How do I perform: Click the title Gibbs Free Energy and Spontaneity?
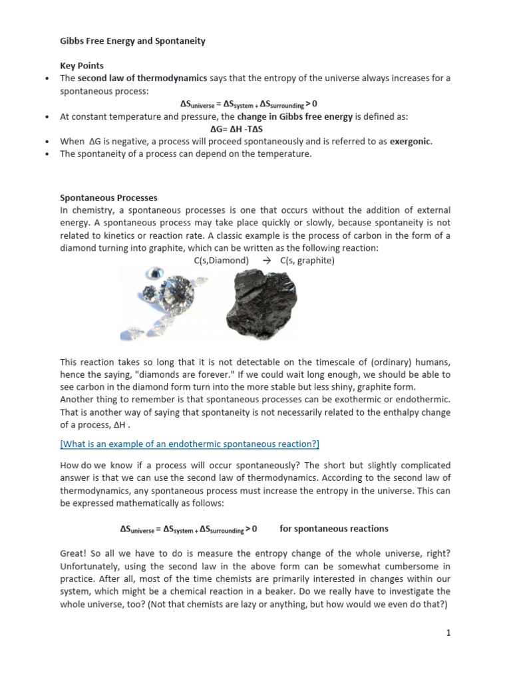[x=132, y=41]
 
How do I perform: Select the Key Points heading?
[x=81, y=67]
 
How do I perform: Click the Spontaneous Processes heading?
[x=108, y=198]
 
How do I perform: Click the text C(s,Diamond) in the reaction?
[x=221, y=261]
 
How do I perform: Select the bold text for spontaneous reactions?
[x=333, y=529]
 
